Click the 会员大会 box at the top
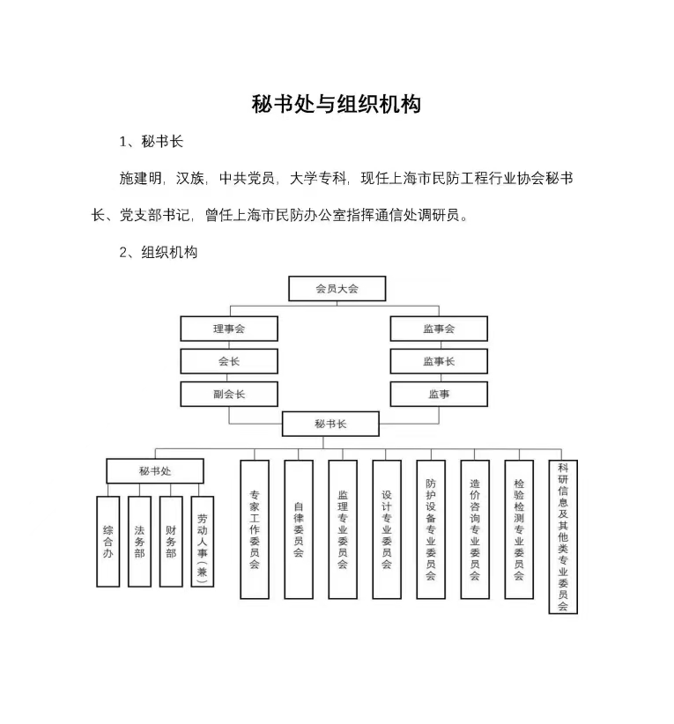[x=337, y=289]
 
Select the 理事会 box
[x=229, y=329]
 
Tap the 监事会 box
[x=439, y=329]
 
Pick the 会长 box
[x=229, y=361]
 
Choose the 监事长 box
[x=439, y=361]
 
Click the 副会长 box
[x=229, y=394]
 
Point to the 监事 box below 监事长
[x=439, y=394]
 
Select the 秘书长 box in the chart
[x=330, y=424]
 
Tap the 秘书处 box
[x=155, y=471]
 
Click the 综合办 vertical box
[x=108, y=542]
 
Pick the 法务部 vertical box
[x=139, y=542]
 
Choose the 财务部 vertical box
[x=171, y=542]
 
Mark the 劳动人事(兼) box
[x=203, y=542]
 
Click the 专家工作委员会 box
[x=255, y=529]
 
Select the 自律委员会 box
[x=299, y=529]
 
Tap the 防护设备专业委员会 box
[x=431, y=529]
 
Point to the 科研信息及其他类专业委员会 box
[x=563, y=537]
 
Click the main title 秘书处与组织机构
[x=337, y=104]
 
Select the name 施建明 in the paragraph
[x=140, y=178]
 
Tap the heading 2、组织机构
[x=158, y=252]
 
